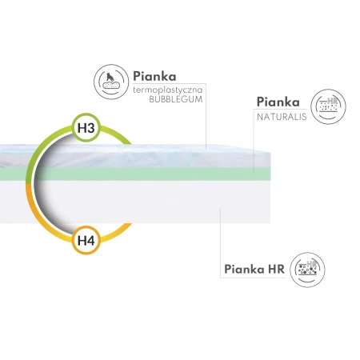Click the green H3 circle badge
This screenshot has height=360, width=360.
86,128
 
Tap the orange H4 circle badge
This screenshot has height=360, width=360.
86,240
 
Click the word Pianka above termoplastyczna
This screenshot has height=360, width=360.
154,76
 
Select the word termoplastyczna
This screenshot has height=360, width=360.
168,90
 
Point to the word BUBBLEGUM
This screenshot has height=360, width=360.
176,99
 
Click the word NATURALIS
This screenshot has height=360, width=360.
282,117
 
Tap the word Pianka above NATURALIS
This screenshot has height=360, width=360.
278,102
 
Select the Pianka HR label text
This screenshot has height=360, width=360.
254,269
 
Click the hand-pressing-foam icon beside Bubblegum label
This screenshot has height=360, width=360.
111,82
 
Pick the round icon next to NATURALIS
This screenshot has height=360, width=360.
328,106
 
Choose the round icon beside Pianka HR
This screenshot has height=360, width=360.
307,270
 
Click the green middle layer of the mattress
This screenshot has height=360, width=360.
135,174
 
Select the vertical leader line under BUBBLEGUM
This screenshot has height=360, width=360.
206,116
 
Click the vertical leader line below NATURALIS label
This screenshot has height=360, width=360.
254,142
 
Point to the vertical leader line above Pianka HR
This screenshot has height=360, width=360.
221,242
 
